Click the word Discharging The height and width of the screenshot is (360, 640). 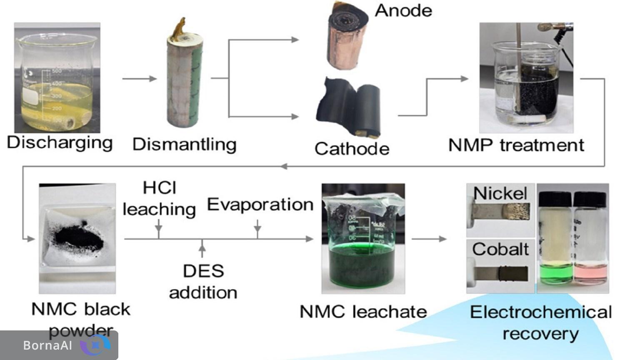60,143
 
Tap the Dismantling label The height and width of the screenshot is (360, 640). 184,145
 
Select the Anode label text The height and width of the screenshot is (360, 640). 403,10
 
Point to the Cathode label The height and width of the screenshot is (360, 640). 352,149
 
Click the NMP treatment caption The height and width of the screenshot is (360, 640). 516,145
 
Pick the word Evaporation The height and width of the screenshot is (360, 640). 260,205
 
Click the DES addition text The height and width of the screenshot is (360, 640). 203,282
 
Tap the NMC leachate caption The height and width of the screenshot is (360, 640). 363,312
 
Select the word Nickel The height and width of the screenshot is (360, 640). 500,193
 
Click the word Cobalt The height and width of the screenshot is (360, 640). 500,249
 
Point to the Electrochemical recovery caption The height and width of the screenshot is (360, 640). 540,322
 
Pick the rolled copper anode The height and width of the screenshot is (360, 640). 347,35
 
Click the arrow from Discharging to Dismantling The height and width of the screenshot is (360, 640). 139,78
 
